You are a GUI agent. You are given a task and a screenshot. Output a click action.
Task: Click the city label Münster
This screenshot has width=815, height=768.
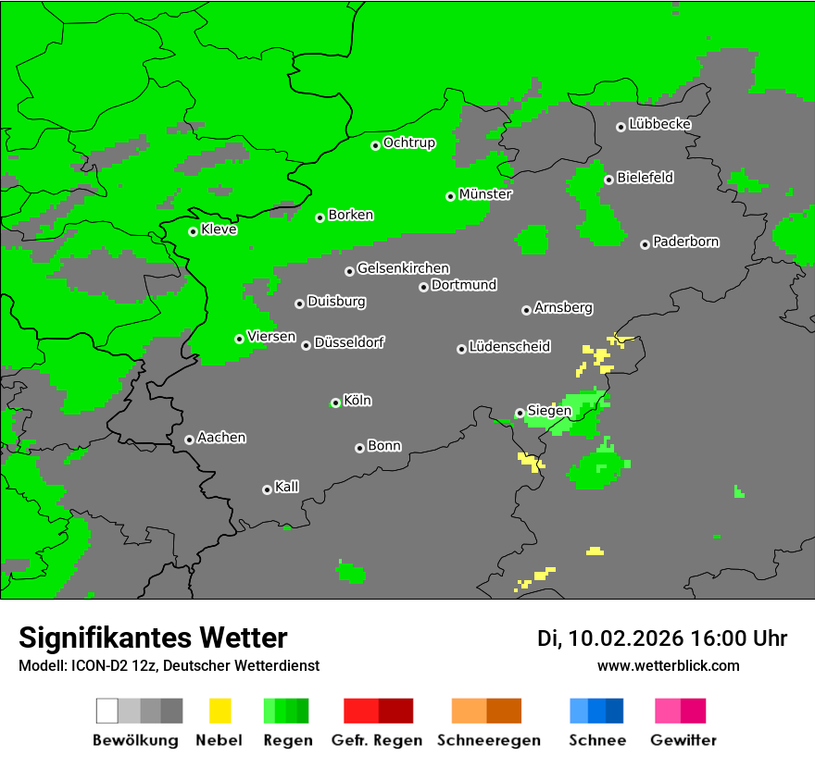point(485,194)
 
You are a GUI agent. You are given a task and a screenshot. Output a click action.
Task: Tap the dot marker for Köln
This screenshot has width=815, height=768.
point(335,403)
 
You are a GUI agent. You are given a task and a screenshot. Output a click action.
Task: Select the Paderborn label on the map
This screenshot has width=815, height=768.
point(686,242)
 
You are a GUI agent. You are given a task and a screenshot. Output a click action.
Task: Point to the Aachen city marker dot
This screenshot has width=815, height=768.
point(189,440)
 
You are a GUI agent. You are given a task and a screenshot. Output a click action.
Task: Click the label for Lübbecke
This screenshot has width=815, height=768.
point(660,124)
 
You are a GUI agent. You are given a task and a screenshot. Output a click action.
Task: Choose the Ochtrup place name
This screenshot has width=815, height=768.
point(409,142)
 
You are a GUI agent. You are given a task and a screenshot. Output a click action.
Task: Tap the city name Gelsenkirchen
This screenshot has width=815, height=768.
point(403,268)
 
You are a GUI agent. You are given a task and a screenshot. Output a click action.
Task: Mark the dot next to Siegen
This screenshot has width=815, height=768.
point(520,413)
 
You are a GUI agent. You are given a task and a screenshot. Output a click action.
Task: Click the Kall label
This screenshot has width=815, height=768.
point(287,487)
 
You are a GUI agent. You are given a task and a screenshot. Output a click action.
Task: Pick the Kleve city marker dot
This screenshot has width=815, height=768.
point(193,231)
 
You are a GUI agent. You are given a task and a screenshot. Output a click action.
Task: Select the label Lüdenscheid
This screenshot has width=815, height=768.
point(509,346)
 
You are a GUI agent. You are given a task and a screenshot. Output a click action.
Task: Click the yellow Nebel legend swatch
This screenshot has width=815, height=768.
point(220,711)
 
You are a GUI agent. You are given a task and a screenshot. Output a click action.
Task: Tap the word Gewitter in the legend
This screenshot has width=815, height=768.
point(683,740)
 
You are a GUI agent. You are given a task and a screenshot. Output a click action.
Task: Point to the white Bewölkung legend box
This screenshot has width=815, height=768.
point(107,711)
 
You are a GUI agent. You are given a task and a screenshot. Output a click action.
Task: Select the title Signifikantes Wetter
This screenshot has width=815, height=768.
point(153,638)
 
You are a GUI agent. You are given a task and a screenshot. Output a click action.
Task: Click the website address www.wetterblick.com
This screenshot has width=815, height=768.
point(668,665)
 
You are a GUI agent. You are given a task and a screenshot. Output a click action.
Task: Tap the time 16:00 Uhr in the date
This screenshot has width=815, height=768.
point(737,638)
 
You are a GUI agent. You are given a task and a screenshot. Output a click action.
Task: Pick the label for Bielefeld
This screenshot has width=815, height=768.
point(646,177)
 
